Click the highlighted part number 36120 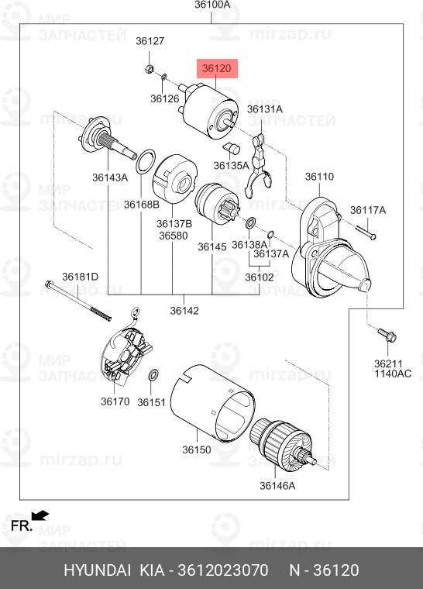(x=217, y=68)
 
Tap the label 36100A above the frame (x=212, y=5)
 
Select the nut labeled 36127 (x=150, y=69)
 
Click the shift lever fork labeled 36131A (x=260, y=165)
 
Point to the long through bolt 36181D (x=78, y=301)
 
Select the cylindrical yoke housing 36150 (x=212, y=403)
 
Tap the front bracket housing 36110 (x=330, y=248)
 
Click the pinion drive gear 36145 (x=217, y=203)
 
